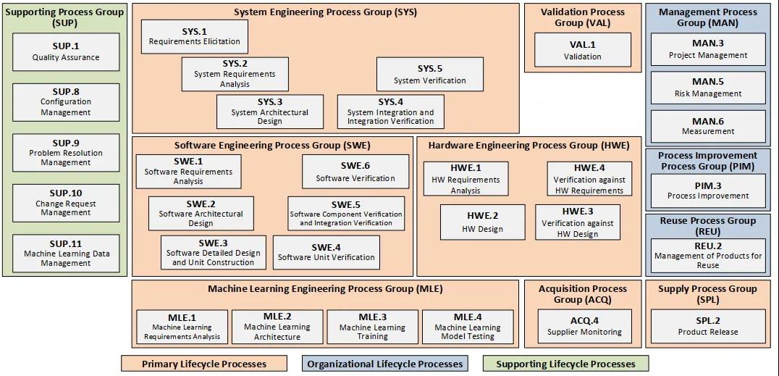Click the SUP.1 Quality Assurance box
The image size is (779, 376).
pos(66,51)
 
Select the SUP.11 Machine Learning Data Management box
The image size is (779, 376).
pos(66,253)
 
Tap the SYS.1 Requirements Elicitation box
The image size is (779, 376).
pos(194,36)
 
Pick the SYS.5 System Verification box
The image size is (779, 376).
pos(429,75)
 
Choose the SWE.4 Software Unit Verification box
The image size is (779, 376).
pos(326,251)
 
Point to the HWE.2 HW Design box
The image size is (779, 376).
pos(482,222)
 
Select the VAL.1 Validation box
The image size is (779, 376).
pos(582,50)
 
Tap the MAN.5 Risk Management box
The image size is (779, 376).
pos(707,87)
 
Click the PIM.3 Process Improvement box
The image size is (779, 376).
pos(707,191)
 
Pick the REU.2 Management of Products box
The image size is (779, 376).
pos(707,255)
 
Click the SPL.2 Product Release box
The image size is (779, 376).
pos(707,326)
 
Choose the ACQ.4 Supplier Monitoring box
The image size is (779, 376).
pos(584,326)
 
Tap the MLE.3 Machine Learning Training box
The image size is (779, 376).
pos(372,327)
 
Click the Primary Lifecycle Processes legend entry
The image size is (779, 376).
pos(203,364)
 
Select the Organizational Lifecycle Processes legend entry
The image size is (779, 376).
pos(384,364)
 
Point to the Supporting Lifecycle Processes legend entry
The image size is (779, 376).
pos(565,364)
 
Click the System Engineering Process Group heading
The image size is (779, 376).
pos(325,12)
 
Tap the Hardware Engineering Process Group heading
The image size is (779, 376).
pos(528,146)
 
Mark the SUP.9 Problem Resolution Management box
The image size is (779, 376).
pos(66,152)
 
